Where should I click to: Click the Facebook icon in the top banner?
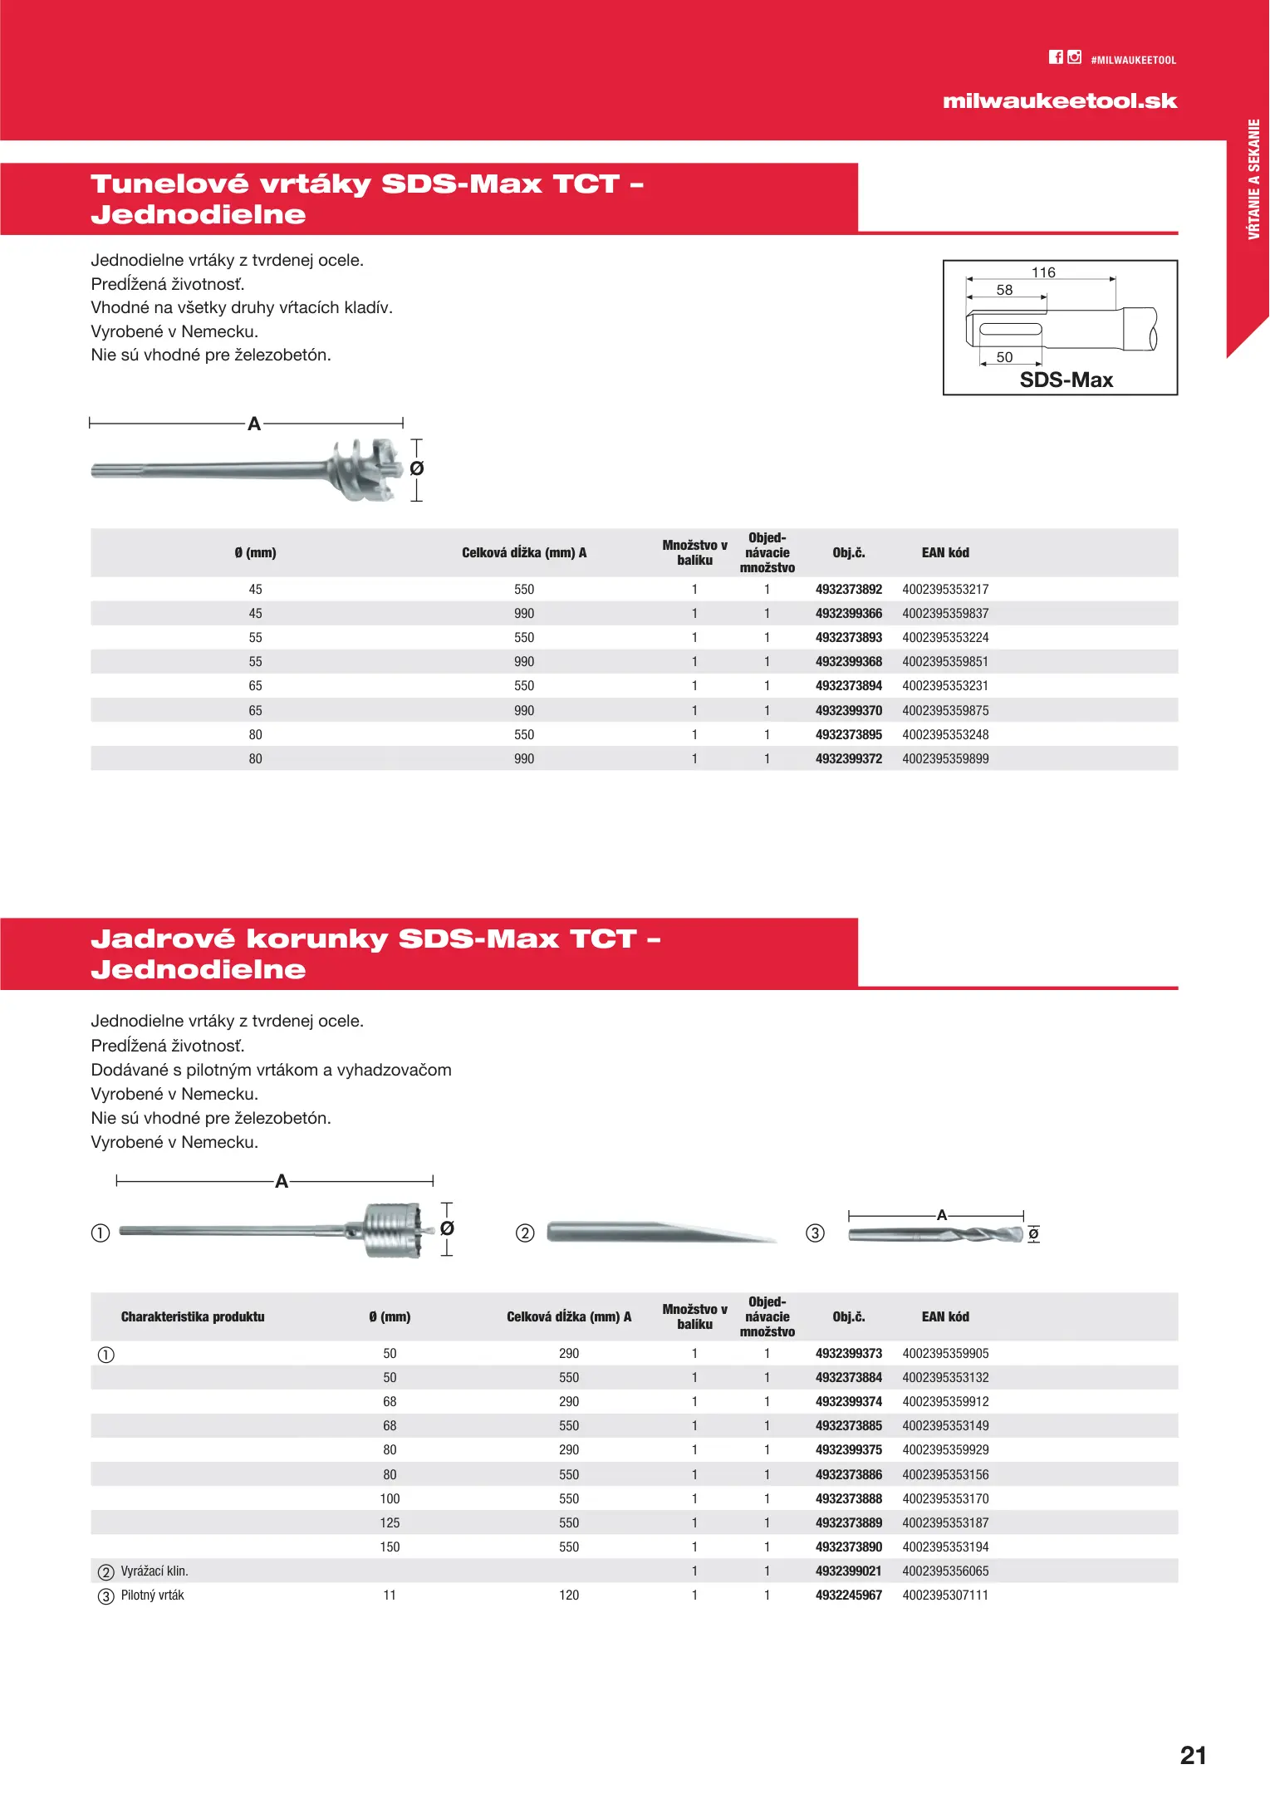pos(1056,57)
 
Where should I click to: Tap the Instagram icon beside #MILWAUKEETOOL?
pos(1075,57)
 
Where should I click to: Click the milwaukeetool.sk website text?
pos(1060,101)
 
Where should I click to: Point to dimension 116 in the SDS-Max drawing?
pos(1043,272)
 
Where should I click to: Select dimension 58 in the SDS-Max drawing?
pos(1004,290)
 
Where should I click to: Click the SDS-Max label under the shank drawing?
pos(1066,380)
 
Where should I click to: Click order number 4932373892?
pos(848,590)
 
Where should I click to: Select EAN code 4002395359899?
pos(945,759)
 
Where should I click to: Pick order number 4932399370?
pos(848,711)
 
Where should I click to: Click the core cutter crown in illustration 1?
pos(395,1230)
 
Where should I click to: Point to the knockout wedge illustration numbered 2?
pos(660,1233)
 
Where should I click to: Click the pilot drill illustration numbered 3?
pos(935,1235)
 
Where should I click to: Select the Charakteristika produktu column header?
pos(193,1317)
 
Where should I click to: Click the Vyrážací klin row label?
pos(154,1571)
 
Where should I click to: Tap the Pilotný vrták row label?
pos(153,1595)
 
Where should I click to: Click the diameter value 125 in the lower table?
pos(390,1523)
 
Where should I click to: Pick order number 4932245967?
pos(848,1595)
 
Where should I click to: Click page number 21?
pos(1193,1755)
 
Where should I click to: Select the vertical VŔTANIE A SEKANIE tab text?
pos(1253,179)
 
